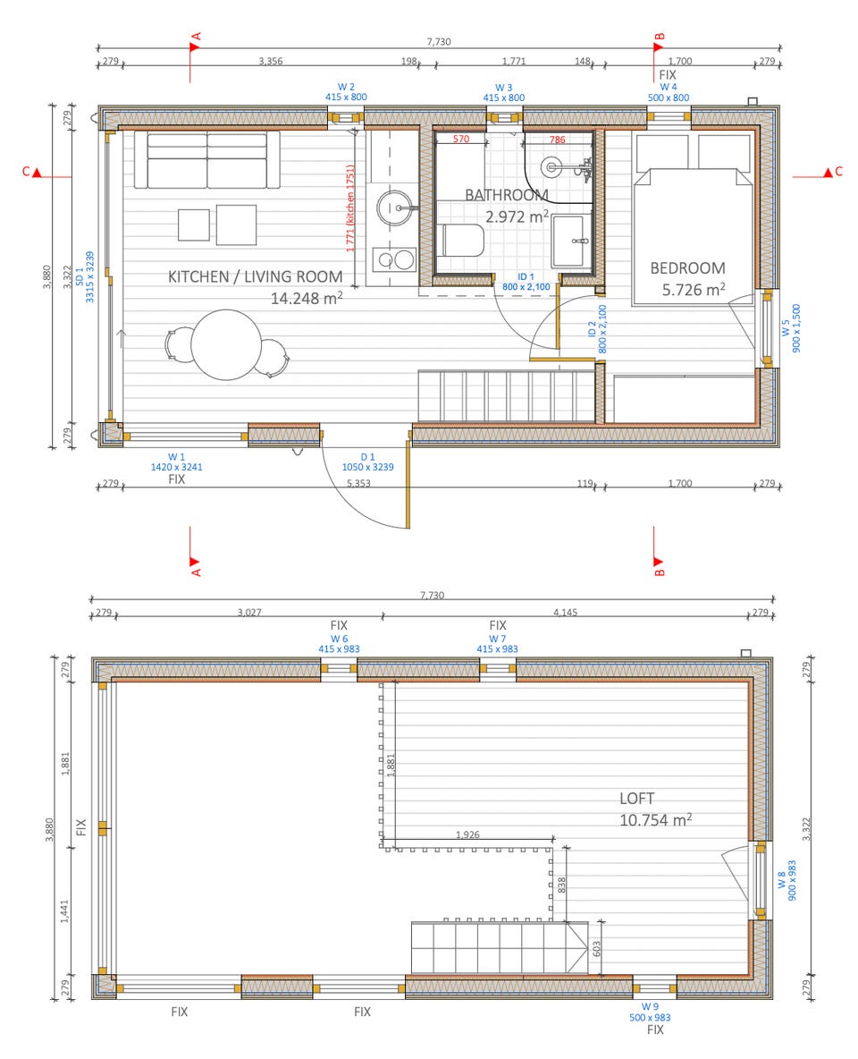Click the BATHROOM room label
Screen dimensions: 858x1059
(x=506, y=194)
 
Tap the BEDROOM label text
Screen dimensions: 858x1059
(x=687, y=268)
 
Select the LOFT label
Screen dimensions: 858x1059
(x=636, y=799)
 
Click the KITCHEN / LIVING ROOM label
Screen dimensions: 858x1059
(x=256, y=276)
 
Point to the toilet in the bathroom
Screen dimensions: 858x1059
(x=462, y=241)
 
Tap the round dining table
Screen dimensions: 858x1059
(x=225, y=344)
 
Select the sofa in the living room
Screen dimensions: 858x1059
(x=206, y=160)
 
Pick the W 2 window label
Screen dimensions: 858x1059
(x=346, y=87)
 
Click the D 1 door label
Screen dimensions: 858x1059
(x=367, y=457)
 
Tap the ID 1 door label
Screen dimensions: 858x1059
(x=526, y=277)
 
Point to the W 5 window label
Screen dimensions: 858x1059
(x=785, y=327)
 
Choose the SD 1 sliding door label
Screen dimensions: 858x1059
(x=80, y=277)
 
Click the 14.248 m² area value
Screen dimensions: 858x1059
(x=307, y=298)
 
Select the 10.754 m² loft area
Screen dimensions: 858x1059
(x=655, y=820)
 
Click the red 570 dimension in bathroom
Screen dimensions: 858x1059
(x=461, y=140)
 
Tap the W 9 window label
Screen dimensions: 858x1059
(x=650, y=1006)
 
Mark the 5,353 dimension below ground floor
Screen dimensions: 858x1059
(x=358, y=483)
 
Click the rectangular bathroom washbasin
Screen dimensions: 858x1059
(x=571, y=241)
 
